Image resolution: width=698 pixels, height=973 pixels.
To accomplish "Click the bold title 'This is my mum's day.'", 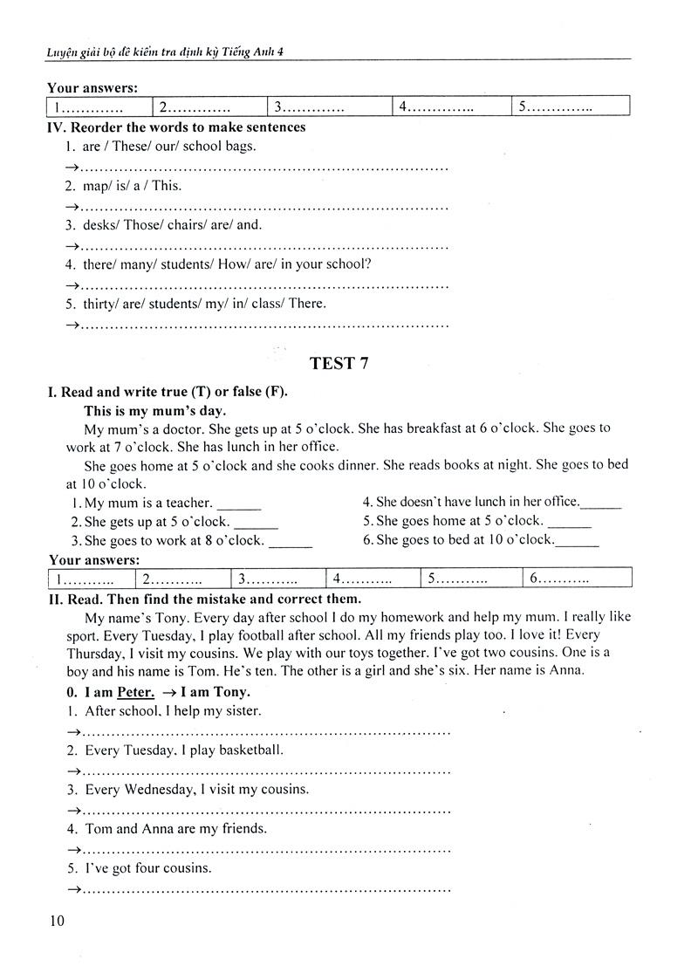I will click(154, 410).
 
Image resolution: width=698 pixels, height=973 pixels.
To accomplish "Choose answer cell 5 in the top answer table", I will click(570, 107).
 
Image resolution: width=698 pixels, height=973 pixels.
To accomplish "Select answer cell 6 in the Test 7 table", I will click(576, 579).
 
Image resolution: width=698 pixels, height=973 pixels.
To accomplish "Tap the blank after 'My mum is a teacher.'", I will click(237, 504).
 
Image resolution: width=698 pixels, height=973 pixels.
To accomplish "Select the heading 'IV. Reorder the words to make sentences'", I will click(176, 127).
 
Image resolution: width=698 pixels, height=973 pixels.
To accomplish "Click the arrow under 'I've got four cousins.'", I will click(72, 889).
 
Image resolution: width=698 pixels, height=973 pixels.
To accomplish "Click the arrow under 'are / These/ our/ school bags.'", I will click(72, 168).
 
